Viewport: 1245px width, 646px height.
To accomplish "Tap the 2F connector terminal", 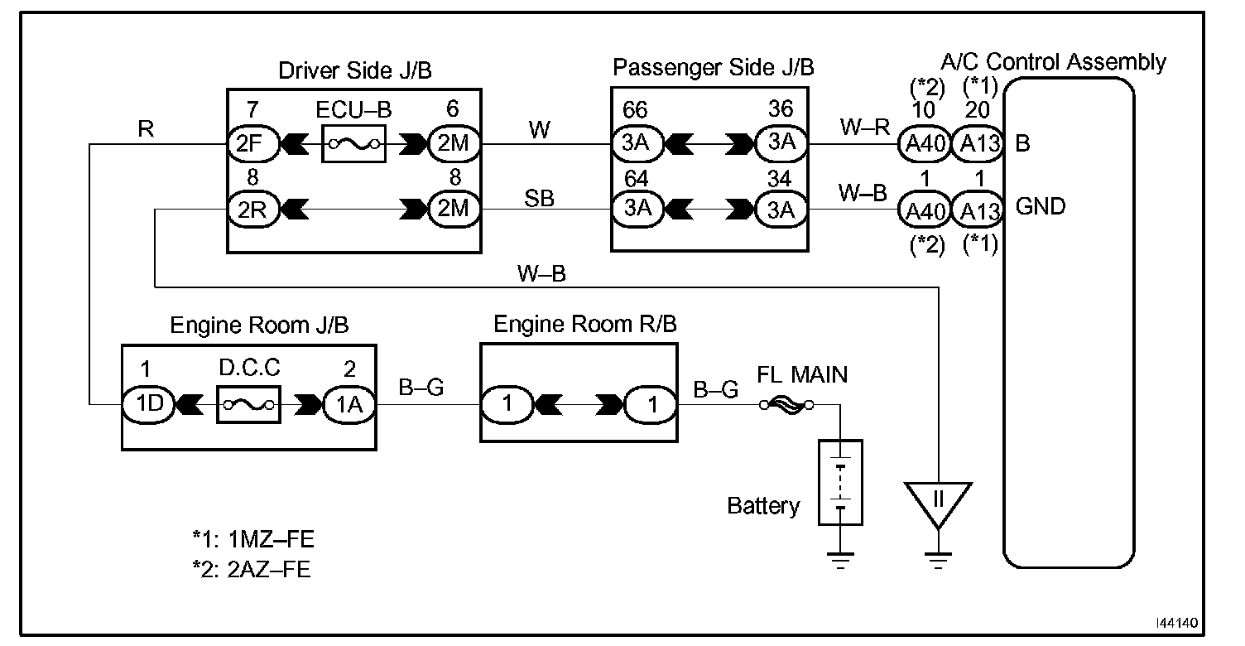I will [x=245, y=143].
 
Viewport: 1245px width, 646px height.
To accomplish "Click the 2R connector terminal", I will [x=245, y=209].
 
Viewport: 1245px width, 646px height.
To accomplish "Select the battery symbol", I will [x=840, y=483].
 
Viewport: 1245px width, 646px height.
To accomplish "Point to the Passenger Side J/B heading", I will [x=713, y=67].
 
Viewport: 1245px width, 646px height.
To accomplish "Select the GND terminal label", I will [x=1040, y=207].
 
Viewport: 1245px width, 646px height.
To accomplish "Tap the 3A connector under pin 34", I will [x=780, y=209].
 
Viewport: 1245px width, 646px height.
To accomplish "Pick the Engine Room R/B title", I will [x=584, y=325].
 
